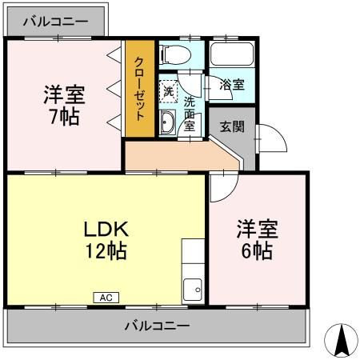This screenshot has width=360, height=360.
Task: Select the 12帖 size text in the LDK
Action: click(106, 251)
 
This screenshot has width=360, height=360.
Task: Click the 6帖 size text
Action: click(256, 251)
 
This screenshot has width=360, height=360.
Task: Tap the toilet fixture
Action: click(174, 54)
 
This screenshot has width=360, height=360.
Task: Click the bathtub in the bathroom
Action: click(230, 55)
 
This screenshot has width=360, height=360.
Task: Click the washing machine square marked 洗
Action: click(168, 90)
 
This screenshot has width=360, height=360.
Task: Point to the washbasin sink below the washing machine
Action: click(168, 122)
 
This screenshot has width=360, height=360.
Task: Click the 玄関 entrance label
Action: click(233, 126)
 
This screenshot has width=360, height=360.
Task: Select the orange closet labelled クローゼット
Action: click(138, 88)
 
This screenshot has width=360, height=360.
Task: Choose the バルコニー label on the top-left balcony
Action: click(55, 22)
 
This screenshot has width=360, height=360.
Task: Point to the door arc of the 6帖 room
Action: click(221, 186)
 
